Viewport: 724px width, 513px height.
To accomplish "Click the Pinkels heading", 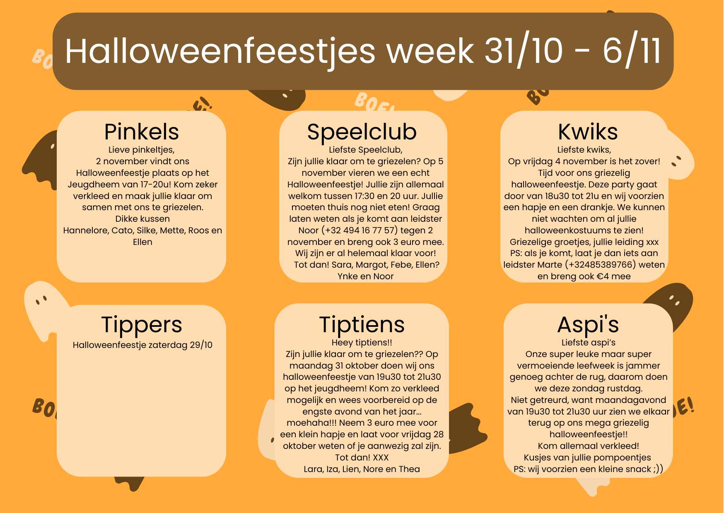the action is click(142, 132).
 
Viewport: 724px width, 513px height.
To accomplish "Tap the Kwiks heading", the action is click(588, 132).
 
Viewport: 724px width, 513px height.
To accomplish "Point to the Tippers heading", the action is click(142, 325).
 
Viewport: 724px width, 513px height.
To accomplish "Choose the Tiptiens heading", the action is click(362, 325).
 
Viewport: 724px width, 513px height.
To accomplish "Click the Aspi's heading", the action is click(588, 325).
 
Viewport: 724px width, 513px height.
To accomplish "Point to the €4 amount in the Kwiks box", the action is click(603, 276).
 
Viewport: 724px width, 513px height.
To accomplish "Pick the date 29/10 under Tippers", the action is click(201, 345).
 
